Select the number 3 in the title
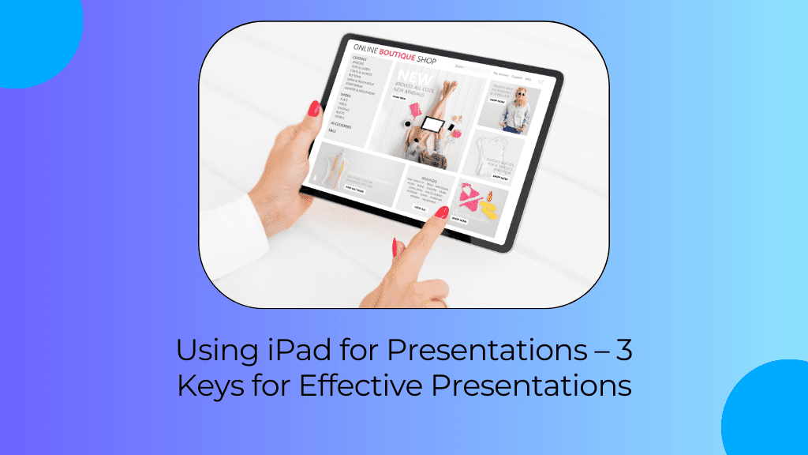[623, 350]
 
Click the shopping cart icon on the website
[542, 81]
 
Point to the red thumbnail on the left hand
[314, 108]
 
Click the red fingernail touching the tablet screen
[442, 212]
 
